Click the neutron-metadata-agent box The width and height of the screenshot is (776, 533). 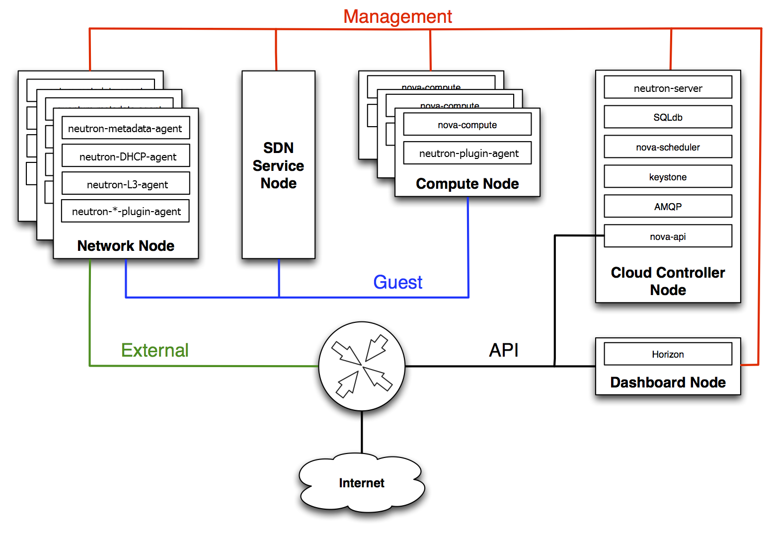[125, 128]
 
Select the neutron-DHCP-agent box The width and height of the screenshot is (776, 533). [126, 156]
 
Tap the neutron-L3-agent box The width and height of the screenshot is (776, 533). [126, 184]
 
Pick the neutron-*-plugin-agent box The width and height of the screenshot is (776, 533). [126, 211]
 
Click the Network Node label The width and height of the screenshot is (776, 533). [126, 246]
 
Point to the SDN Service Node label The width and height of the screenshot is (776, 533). [278, 165]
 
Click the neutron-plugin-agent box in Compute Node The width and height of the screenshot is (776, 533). [467, 153]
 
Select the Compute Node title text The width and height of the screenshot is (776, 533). [467, 184]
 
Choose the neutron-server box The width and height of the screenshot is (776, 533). [668, 88]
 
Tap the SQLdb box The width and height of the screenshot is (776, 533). [668, 117]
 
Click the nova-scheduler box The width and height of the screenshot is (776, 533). [668, 147]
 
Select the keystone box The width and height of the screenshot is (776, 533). [668, 177]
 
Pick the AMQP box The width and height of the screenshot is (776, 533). [668, 207]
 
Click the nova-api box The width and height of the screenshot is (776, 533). [668, 236]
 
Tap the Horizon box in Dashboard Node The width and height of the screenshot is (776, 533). [668, 354]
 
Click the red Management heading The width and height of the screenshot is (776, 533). [397, 16]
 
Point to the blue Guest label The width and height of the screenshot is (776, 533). [397, 282]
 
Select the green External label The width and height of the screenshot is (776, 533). [155, 350]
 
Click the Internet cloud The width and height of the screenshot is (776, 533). [362, 483]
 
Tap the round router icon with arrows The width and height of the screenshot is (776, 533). [362, 366]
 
